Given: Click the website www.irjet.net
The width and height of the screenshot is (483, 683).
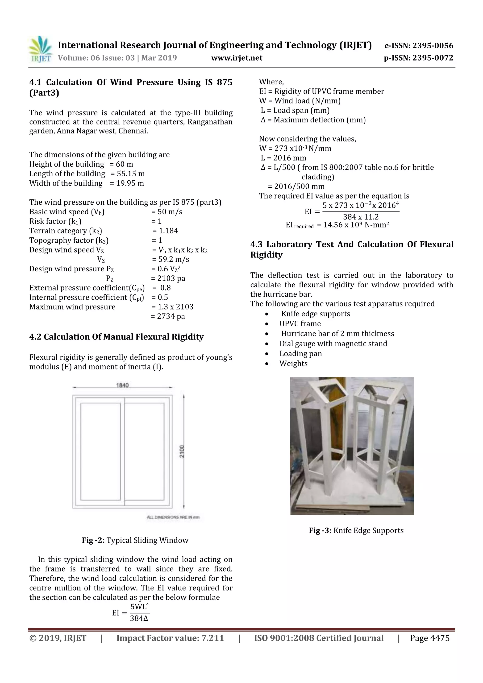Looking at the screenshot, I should click(x=237, y=58).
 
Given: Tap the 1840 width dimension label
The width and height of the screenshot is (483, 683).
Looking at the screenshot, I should click(x=122, y=385).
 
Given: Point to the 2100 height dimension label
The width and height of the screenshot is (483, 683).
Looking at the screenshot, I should click(x=182, y=451).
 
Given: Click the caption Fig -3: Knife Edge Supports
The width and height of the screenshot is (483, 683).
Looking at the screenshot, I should click(x=356, y=530).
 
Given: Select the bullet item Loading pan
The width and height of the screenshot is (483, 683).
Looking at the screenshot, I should click(x=300, y=353).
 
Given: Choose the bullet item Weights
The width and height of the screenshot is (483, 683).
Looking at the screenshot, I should click(x=293, y=363).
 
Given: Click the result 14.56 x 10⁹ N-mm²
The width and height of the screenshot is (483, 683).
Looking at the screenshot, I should click(x=353, y=225).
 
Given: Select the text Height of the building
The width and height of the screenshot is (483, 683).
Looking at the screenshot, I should click(x=66, y=164).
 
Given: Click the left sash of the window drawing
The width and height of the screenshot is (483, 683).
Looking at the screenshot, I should click(x=100, y=451).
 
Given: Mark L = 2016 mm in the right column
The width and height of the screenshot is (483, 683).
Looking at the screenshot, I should click(x=283, y=158).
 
